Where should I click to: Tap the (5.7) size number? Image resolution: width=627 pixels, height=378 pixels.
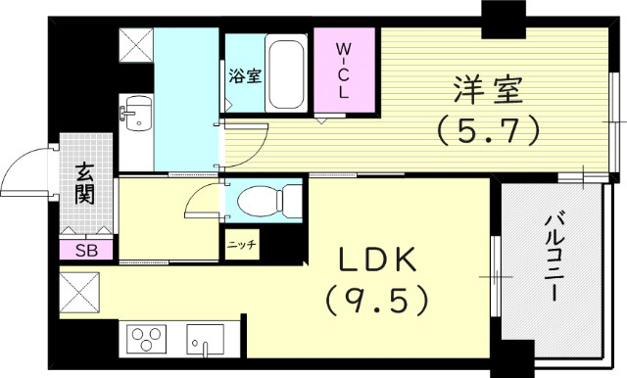click(x=488, y=128)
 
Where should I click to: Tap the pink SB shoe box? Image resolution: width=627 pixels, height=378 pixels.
click(x=86, y=251)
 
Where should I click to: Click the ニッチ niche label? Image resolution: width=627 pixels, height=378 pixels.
click(x=242, y=245)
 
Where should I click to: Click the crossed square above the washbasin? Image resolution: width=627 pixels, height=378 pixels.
click(x=136, y=45)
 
